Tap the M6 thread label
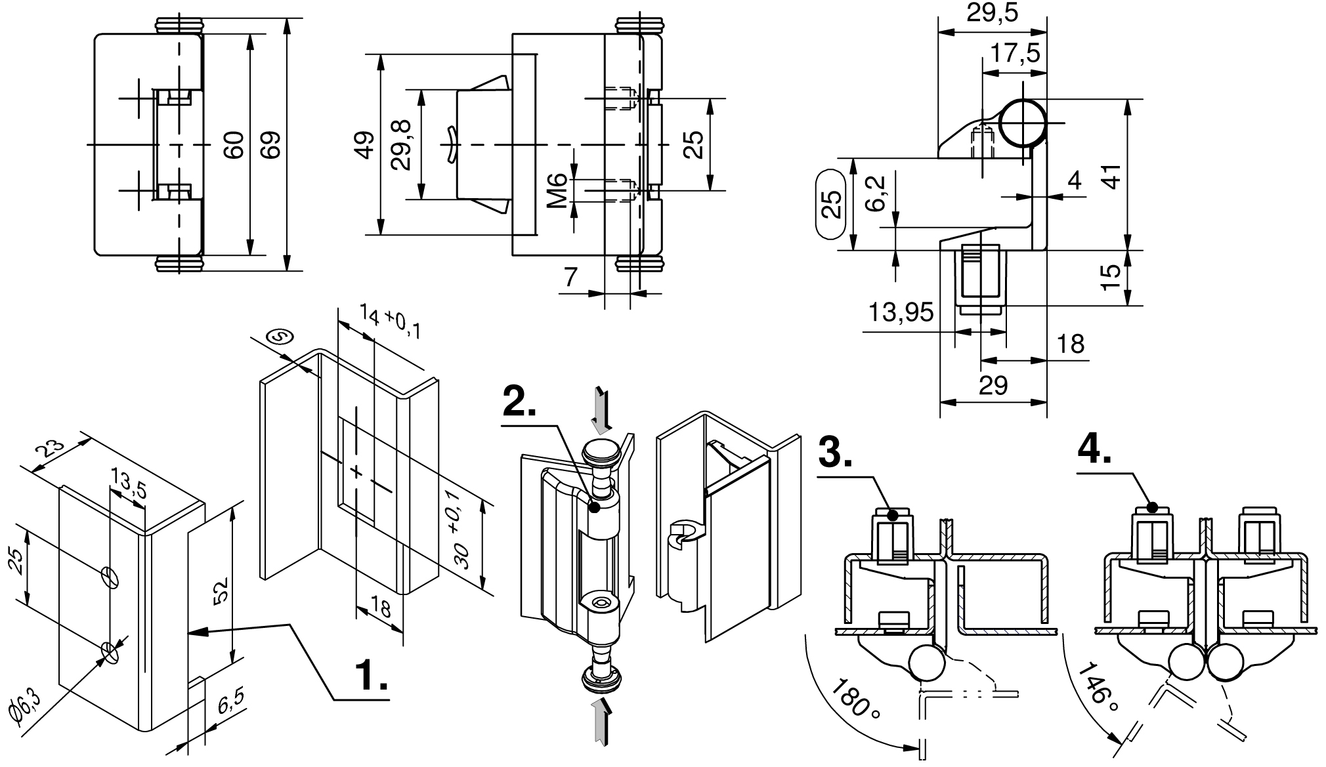click(x=557, y=190)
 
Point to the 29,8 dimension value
click(x=400, y=145)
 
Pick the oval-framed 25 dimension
click(x=832, y=204)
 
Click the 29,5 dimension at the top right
click(x=992, y=13)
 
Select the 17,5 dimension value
click(x=1015, y=52)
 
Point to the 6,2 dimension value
click(x=876, y=193)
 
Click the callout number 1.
click(x=371, y=675)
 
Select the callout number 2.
click(x=519, y=401)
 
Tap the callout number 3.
click(x=836, y=452)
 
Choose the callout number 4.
click(x=1094, y=449)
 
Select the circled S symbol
click(x=280, y=337)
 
